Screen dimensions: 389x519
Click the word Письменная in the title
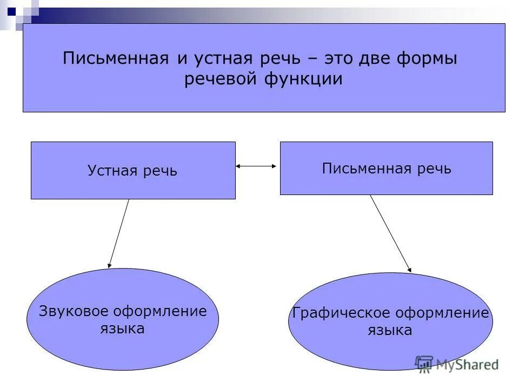[x=116, y=58]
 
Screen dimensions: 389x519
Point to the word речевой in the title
[x=220, y=79]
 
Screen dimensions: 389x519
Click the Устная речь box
[x=132, y=171]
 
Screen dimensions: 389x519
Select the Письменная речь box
[x=386, y=168]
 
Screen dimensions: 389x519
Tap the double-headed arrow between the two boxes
[x=256, y=167]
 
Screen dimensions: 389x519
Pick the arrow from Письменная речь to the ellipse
[x=390, y=233]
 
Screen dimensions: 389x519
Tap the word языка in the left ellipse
[x=122, y=328]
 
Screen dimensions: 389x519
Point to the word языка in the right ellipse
[x=390, y=330]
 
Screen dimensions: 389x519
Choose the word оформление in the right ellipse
[x=442, y=313]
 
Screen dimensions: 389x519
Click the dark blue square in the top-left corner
[x=11, y=9]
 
